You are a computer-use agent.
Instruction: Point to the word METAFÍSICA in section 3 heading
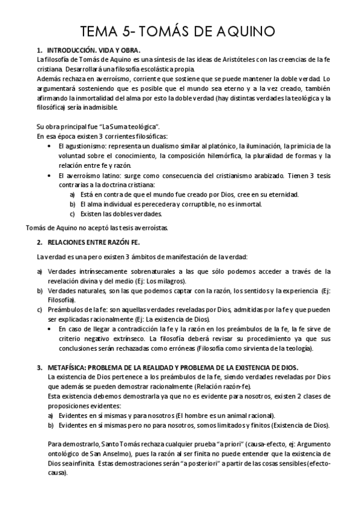click(66, 367)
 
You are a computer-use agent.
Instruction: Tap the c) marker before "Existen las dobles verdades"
click(72, 214)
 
